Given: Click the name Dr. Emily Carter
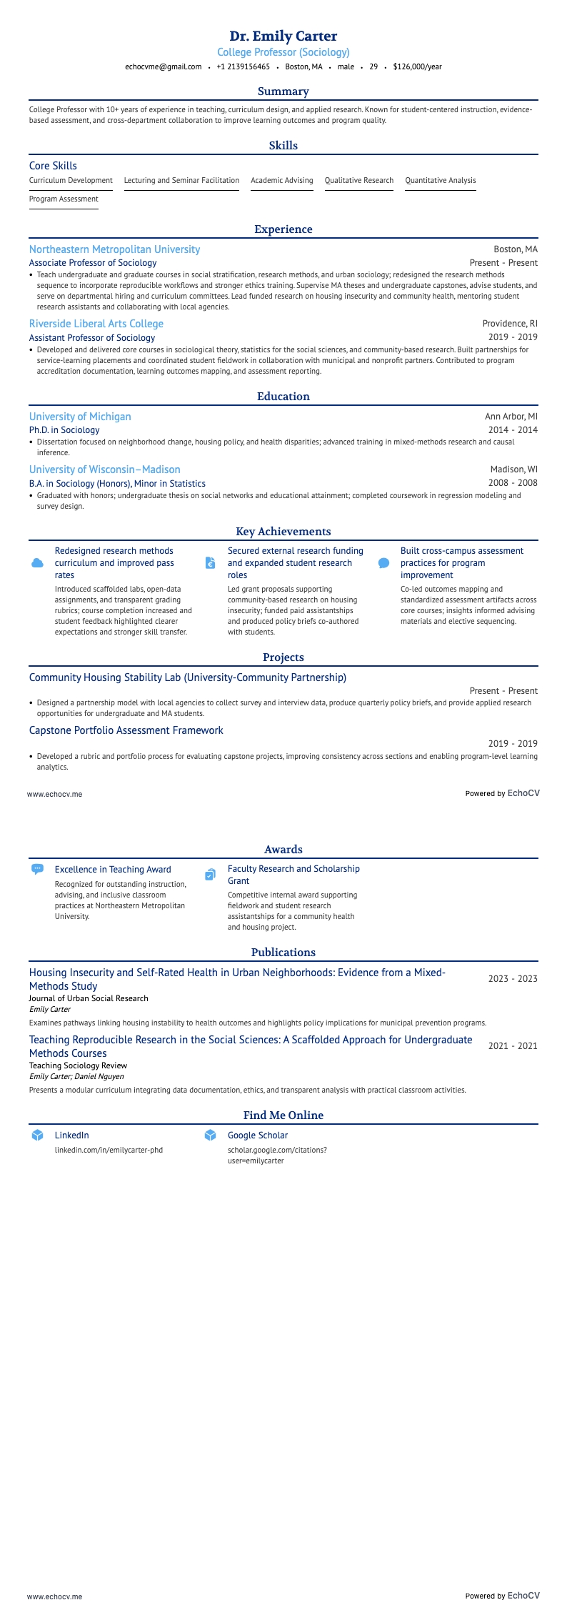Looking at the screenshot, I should [x=283, y=36].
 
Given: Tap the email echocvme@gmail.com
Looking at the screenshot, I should [x=164, y=66].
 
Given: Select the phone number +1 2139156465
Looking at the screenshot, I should [x=243, y=66].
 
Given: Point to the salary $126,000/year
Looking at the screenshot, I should [x=417, y=66].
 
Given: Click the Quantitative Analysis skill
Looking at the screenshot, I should [x=440, y=180].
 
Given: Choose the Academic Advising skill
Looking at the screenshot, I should [x=281, y=180].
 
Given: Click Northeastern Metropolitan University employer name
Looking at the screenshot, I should [x=114, y=249].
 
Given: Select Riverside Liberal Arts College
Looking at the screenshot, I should [x=96, y=324].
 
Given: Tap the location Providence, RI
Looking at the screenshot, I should [x=510, y=324].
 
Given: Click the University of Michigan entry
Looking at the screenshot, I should [x=80, y=417].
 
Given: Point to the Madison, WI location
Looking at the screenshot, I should [x=513, y=469].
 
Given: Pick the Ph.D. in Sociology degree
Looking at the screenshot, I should [x=64, y=430].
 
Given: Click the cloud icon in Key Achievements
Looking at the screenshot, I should [x=38, y=563].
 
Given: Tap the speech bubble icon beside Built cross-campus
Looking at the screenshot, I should [x=383, y=563].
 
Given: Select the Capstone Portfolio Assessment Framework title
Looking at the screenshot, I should [x=126, y=730].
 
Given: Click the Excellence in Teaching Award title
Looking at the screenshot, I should [x=113, y=870].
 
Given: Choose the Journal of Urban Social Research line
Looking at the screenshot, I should [x=89, y=998].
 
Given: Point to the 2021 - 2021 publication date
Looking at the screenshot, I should [x=513, y=1046].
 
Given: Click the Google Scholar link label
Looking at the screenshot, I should [x=258, y=1135].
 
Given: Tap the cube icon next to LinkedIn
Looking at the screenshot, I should [x=38, y=1135].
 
